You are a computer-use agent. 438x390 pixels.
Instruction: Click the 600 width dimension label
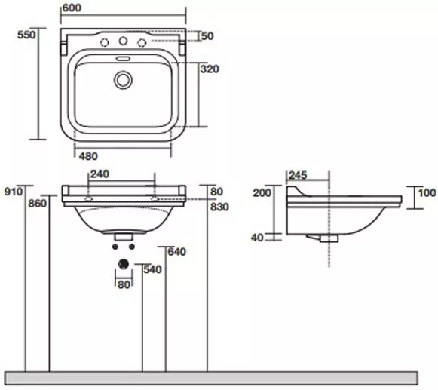[72, 8]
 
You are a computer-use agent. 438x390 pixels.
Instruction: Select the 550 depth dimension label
[26, 35]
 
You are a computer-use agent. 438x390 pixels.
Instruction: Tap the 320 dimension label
[210, 69]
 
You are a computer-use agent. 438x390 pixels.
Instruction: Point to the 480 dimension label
[88, 156]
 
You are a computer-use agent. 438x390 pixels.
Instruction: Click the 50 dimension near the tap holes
[207, 35]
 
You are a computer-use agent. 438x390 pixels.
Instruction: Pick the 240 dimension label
[100, 174]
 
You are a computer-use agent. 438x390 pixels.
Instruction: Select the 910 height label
[14, 192]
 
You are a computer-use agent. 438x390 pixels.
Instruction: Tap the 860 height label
[38, 204]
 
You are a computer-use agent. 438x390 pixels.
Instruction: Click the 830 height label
[220, 207]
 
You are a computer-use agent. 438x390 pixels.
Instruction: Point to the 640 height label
[177, 252]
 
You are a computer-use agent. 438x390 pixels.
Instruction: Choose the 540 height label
[152, 269]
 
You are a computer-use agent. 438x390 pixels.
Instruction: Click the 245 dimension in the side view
[298, 175]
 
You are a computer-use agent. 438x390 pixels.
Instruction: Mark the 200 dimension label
[262, 192]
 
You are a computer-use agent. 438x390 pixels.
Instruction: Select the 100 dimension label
[427, 192]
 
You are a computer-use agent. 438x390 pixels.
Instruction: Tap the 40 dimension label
[257, 238]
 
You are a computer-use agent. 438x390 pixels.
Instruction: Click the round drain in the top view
[123, 80]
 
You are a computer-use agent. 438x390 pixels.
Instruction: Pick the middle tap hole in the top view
[123, 41]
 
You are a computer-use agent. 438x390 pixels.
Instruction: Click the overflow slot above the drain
[123, 59]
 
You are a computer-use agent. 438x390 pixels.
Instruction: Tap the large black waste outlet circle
[123, 263]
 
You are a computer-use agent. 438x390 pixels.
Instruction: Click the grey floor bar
[211, 378]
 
